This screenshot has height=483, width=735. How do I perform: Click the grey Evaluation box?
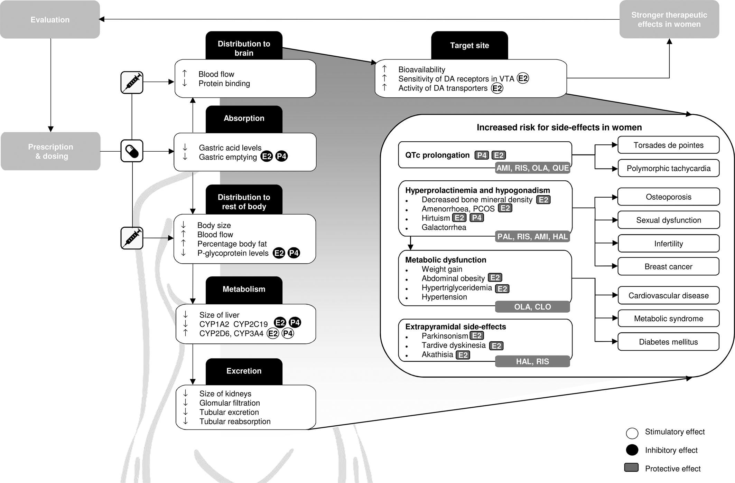[50, 20]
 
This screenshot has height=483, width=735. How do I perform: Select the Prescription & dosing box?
[50, 151]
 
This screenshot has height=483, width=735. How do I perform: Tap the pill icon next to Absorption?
[132, 151]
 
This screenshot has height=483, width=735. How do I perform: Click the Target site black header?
[469, 46]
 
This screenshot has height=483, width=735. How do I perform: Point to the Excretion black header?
[244, 371]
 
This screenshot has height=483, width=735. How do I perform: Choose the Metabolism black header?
[244, 290]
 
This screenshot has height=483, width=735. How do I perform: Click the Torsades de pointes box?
[668, 145]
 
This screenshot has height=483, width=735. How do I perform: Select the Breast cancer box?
[668, 267]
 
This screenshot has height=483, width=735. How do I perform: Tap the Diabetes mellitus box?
[668, 342]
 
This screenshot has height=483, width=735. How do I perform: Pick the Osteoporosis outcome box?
[668, 197]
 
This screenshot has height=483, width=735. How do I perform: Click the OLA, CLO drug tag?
[532, 307]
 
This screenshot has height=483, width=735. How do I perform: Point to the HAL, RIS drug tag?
[532, 361]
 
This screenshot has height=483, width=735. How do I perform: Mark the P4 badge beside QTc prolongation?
[482, 155]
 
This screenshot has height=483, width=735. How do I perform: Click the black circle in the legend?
[632, 450]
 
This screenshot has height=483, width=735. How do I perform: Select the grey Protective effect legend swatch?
[631, 468]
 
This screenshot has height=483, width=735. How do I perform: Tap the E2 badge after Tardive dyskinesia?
[496, 346]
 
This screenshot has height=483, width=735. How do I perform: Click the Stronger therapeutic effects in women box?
[669, 20]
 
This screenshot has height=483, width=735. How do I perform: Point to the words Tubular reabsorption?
[235, 422]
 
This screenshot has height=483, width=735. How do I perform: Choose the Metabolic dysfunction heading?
[446, 260]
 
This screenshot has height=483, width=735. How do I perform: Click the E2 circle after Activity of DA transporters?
[497, 88]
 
